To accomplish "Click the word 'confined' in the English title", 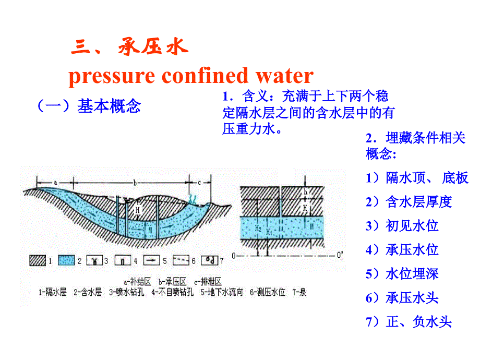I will tap(204, 76).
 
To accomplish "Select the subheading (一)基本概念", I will tap(88, 106).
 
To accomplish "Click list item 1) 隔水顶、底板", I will tap(417, 178).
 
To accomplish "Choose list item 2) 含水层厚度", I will tap(409, 201).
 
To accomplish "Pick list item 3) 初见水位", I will tap(402, 225).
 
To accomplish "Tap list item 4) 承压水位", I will tap(402, 249).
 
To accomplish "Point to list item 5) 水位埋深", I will tap(402, 273).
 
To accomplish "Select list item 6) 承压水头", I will tap(402, 298).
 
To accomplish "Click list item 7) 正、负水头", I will tap(409, 322).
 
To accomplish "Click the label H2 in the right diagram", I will tap(258, 229).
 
